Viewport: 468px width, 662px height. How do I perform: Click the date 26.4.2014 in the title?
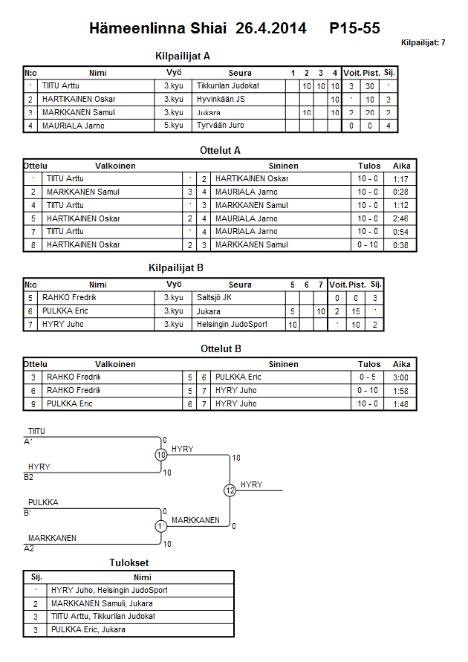coord(271,28)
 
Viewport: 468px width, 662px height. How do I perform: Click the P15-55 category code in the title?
coord(355,28)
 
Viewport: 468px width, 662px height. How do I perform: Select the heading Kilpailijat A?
coord(183,56)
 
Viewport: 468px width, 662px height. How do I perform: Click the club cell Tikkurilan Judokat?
coord(227,86)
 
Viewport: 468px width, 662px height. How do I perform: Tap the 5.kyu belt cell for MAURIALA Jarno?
coord(174,126)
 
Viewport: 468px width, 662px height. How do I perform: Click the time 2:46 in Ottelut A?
coord(402,218)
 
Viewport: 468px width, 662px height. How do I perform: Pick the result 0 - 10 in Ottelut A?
coord(369,245)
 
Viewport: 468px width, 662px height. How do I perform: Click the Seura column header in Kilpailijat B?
coord(240,285)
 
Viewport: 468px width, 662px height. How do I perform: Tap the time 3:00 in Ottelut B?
coord(402,377)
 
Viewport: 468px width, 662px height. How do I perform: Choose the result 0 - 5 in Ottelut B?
coord(369,377)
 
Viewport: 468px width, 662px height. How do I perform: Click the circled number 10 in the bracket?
coord(160,455)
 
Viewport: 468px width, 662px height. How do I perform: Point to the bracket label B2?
coord(28,477)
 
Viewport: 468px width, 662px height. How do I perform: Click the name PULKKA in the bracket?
coord(43,502)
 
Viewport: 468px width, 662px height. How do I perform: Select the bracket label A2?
coord(28,548)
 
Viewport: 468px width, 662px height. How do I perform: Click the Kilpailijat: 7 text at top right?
coord(423,42)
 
